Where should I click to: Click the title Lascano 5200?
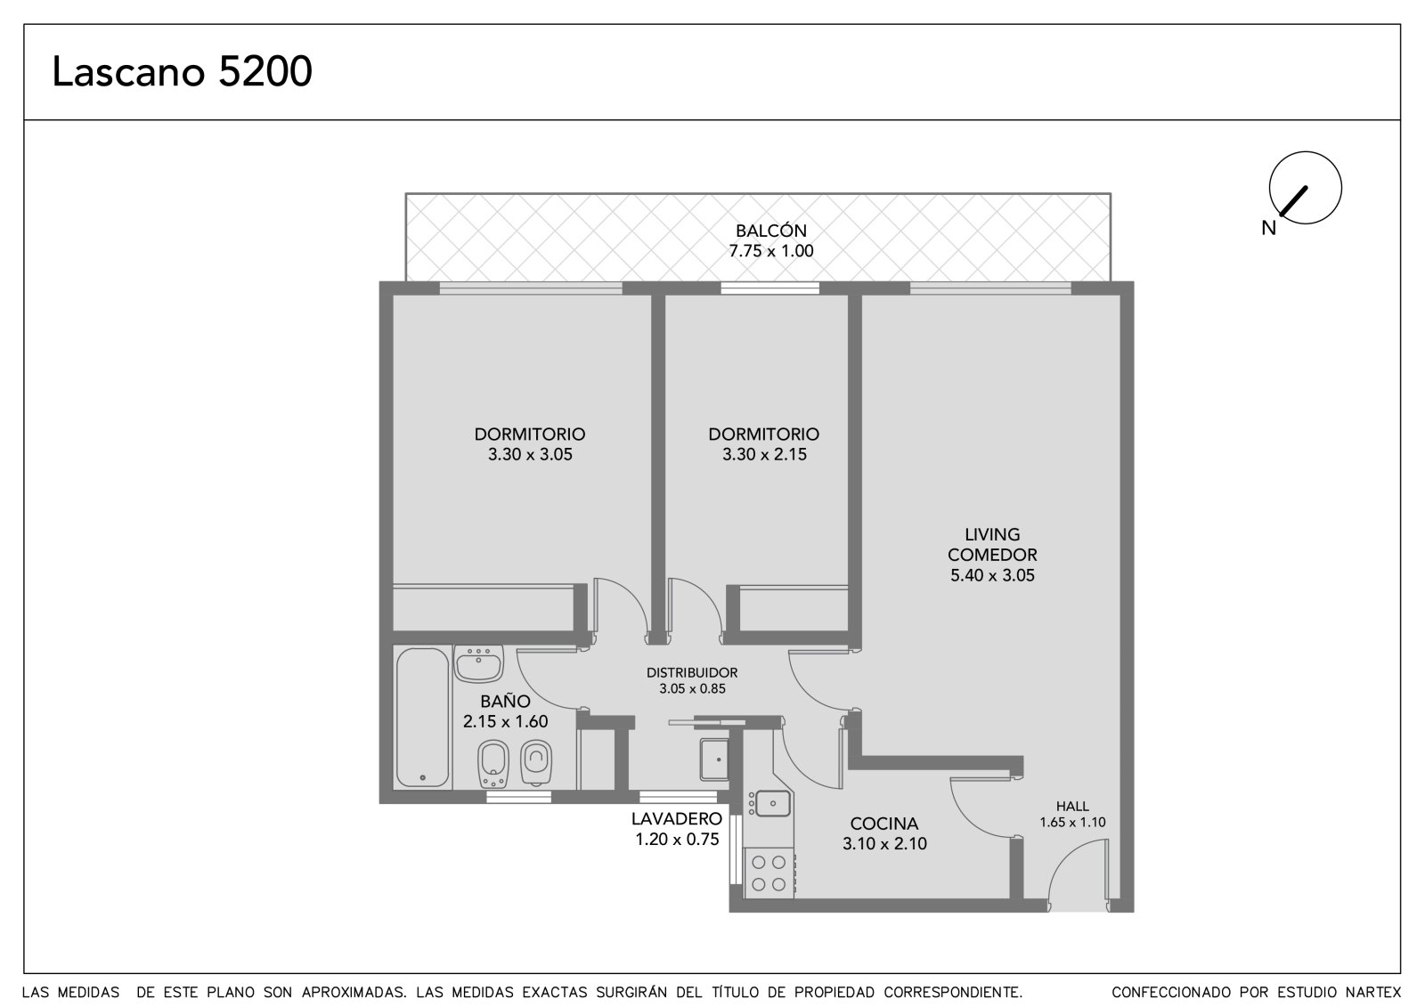[x=182, y=71]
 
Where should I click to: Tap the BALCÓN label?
[x=771, y=231]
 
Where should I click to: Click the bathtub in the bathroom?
[x=422, y=717]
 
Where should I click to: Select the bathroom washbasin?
[x=478, y=664]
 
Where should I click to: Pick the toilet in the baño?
[x=535, y=761]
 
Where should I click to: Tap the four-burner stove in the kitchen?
[x=769, y=873]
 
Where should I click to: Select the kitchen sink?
[x=770, y=803]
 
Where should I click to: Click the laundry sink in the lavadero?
[x=714, y=759]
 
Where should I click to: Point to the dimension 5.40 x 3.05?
[x=992, y=575]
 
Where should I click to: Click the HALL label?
[x=1072, y=806]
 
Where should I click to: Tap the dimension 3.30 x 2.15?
[x=764, y=454]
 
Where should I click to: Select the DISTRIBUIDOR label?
[x=692, y=672]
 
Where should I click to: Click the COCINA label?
[x=884, y=824]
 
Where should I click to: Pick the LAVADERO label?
[x=677, y=818]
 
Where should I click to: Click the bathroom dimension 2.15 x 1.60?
[x=505, y=721]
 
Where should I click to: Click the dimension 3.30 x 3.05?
[x=530, y=454]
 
